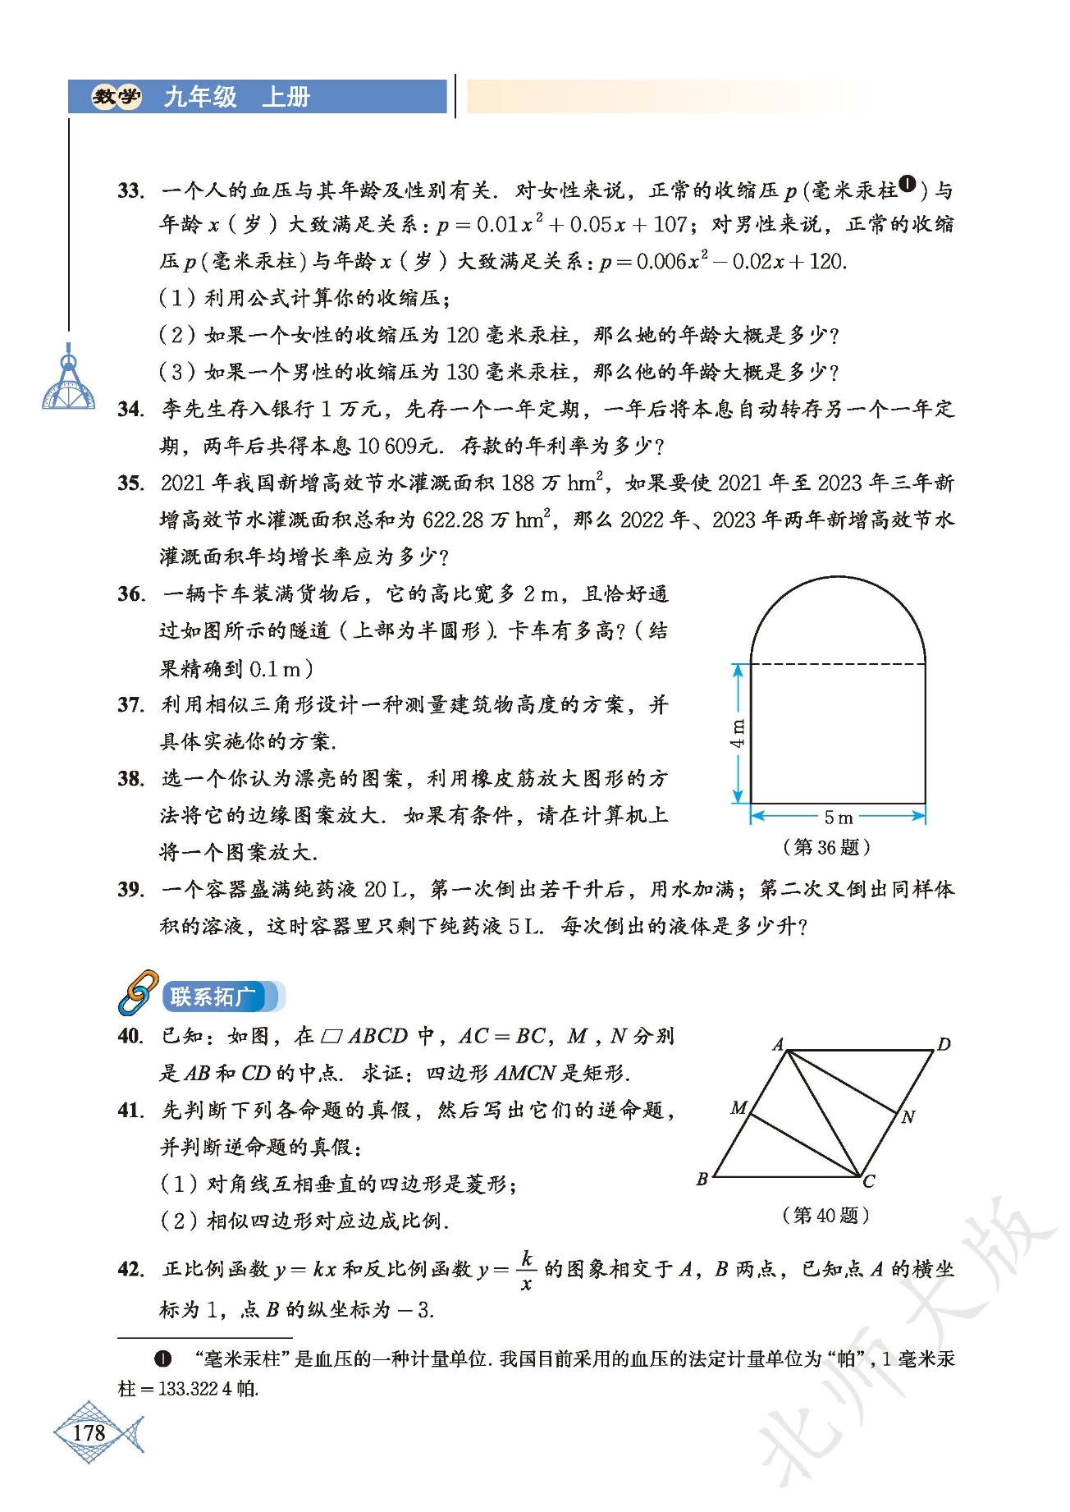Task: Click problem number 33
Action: (x=130, y=191)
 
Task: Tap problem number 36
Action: (x=130, y=594)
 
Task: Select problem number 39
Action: (x=130, y=890)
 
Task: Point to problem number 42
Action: (x=130, y=1269)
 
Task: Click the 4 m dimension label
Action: (x=738, y=733)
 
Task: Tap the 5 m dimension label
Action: (x=838, y=818)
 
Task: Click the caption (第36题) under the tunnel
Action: (x=826, y=847)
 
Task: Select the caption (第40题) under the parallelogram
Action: (x=826, y=1215)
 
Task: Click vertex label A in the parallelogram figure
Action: (x=778, y=1044)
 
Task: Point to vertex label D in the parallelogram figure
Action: (x=944, y=1044)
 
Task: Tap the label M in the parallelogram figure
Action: (x=738, y=1108)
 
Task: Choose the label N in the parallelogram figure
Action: (x=908, y=1117)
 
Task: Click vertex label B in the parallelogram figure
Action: (x=702, y=1180)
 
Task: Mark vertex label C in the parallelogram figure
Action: (x=869, y=1182)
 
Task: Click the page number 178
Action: (x=89, y=1433)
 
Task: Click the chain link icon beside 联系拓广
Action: (x=138, y=992)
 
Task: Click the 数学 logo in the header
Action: (x=116, y=97)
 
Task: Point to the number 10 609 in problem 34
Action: (x=387, y=447)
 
